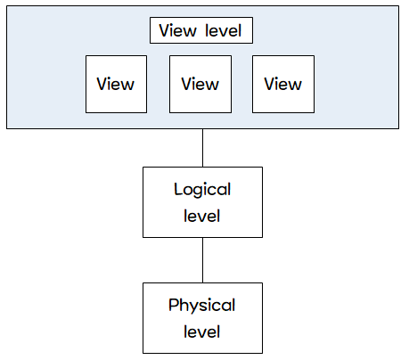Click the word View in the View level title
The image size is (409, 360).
pos(177,30)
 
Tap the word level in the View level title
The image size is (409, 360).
pos(224,30)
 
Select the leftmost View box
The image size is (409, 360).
pos(116,84)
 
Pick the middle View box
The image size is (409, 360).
pos(200,84)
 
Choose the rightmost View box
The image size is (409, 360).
pos(283,84)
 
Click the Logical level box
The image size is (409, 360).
pos(202,202)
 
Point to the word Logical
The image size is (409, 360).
pos(202,190)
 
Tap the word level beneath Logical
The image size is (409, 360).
pos(201,216)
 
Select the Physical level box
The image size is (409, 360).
pos(202,318)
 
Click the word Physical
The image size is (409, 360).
pos(202,306)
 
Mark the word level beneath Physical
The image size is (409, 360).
pos(201,331)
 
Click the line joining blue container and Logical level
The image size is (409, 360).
pos(203,148)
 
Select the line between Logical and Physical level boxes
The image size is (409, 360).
pos(203,260)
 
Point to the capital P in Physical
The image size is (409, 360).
pos(174,305)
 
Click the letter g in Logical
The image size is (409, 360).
pos(198,192)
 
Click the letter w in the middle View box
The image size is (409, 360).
pos(211,86)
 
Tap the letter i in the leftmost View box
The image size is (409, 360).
pos(111,84)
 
